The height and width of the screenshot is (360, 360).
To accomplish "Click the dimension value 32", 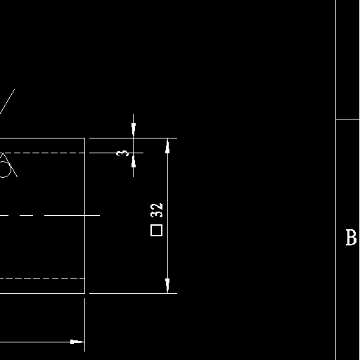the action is pyautogui.click(x=156, y=210).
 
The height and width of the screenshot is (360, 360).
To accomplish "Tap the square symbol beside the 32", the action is pyautogui.click(x=156, y=230).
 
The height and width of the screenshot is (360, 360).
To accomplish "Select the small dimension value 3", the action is pyautogui.click(x=122, y=153).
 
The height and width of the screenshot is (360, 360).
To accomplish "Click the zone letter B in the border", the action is pyautogui.click(x=351, y=238).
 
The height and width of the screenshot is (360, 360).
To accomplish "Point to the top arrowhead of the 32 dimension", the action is pyautogui.click(x=167, y=146).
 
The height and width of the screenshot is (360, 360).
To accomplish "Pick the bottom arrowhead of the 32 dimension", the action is pyautogui.click(x=167, y=285).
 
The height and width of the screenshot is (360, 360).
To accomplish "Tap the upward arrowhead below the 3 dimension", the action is pyautogui.click(x=134, y=160).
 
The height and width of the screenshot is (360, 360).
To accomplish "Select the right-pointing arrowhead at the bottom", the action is pyautogui.click(x=77, y=342).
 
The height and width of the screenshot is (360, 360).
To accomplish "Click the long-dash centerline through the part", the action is pyautogui.click(x=50, y=215).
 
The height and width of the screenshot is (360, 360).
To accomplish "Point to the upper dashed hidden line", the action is pyautogui.click(x=42, y=153).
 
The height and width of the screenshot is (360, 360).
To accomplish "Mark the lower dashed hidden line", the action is pyautogui.click(x=42, y=278).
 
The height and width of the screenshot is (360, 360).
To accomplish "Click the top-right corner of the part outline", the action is pyautogui.click(x=84, y=138).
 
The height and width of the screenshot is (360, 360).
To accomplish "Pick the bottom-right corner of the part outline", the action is pyautogui.click(x=84, y=293).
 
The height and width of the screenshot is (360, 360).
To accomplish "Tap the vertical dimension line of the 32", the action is pyautogui.click(x=167, y=216).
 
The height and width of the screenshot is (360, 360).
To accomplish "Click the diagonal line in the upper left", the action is pyautogui.click(x=7, y=101).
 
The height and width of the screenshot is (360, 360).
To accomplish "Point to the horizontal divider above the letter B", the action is pyautogui.click(x=348, y=119).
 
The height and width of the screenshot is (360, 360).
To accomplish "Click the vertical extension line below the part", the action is pyautogui.click(x=84, y=325).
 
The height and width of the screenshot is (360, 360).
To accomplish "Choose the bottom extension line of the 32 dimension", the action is pyautogui.click(x=133, y=293).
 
